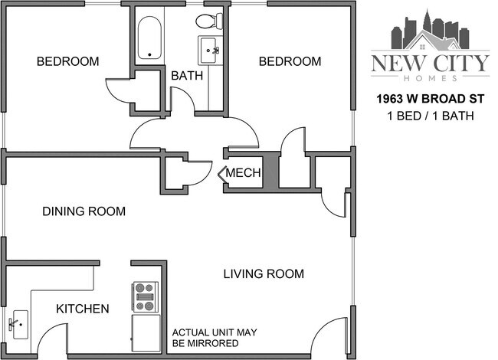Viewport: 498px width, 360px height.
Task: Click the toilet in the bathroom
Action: pos(207,21)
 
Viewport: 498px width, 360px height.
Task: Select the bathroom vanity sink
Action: pos(209,51)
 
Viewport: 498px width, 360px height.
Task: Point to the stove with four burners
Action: pos(145,294)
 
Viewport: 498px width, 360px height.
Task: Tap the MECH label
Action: pos(244,174)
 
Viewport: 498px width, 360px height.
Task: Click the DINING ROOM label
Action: pos(84,211)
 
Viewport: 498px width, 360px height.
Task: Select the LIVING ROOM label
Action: pos(264,273)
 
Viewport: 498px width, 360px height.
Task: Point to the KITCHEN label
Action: pos(83,309)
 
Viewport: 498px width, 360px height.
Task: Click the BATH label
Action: pos(186,76)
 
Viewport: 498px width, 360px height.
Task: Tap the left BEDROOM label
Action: pos(68,61)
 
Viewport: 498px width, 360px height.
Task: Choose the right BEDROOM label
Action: pos(289,61)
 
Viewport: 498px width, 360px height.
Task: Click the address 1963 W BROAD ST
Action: pos(429,100)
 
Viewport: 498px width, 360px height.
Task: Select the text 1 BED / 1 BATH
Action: pos(429,116)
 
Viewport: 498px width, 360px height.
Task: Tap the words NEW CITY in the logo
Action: pos(429,63)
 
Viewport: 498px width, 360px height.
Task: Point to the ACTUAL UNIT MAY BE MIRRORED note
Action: pos(215,338)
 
